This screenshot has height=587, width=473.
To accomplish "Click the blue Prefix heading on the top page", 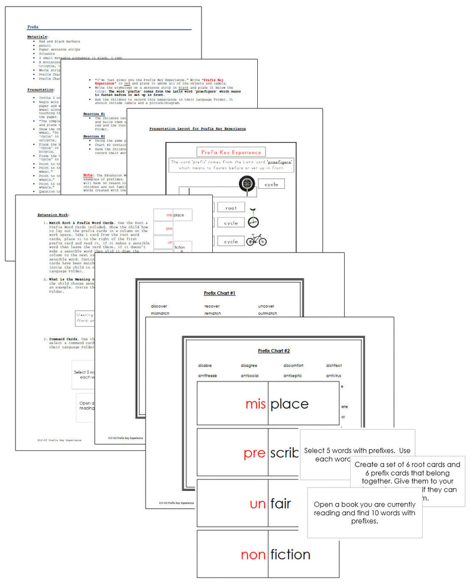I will (33, 27).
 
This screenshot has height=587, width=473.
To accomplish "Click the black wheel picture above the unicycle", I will (247, 185).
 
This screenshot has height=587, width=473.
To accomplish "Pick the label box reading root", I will (231, 208).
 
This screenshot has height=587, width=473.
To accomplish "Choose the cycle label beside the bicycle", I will (231, 241).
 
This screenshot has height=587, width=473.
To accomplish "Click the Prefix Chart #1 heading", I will (219, 293).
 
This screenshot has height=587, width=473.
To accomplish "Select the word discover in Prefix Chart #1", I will (160, 306).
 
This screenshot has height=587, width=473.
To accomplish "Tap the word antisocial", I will (250, 376).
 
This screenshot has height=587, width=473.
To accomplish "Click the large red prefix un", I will (257, 505).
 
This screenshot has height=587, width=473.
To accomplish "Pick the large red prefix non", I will (253, 555).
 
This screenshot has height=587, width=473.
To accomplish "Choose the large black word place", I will (290, 404).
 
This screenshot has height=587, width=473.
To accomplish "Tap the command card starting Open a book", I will (364, 512).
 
